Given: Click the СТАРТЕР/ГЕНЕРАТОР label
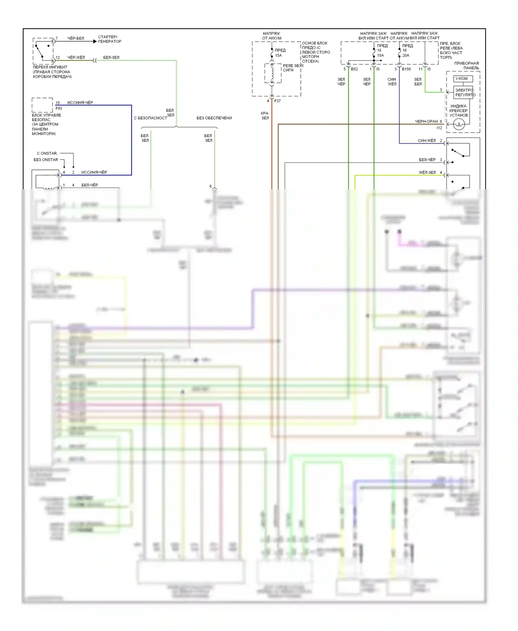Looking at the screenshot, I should [x=109, y=39].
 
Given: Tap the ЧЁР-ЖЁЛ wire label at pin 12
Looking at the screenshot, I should [x=76, y=57].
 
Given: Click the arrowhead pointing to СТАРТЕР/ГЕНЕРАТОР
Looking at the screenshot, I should [x=95, y=41].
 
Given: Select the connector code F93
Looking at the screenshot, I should [x=59, y=108].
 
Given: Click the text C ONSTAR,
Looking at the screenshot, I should [x=47, y=153].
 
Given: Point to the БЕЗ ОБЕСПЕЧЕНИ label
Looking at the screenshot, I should [x=214, y=118].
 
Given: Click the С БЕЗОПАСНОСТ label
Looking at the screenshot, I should [x=150, y=118].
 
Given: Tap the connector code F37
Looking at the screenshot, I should [x=277, y=101].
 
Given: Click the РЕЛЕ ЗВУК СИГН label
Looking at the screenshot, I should [x=293, y=68].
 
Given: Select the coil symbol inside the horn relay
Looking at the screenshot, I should [x=272, y=73].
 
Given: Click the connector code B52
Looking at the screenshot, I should [x=354, y=69].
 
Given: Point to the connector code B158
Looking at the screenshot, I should [x=406, y=69].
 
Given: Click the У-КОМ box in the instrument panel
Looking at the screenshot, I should [x=463, y=79].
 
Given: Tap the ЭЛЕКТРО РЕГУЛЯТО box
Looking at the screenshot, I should [x=464, y=93].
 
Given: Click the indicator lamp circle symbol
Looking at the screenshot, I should [x=459, y=124].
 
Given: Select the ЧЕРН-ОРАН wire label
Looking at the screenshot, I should [x=426, y=122].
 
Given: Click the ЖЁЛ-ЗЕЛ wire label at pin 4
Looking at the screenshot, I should [x=427, y=172].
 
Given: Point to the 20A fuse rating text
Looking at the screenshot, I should [x=406, y=56].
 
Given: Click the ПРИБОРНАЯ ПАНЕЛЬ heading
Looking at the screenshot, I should [x=467, y=66].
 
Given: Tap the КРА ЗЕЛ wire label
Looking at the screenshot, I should [x=265, y=116].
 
